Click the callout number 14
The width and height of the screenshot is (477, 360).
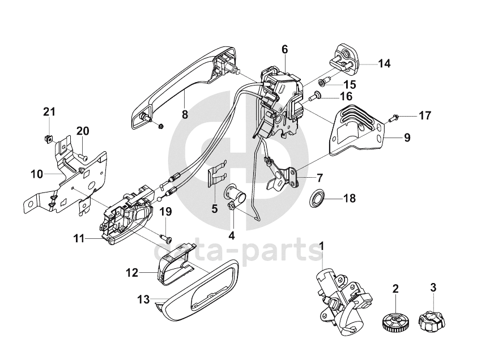385,63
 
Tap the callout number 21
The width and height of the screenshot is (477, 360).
49,111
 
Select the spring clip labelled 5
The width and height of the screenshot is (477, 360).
217,173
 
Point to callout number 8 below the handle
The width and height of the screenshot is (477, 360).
185,114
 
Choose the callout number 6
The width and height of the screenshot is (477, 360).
284,49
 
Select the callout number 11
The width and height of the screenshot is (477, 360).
78,239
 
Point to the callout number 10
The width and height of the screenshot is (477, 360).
36,174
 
